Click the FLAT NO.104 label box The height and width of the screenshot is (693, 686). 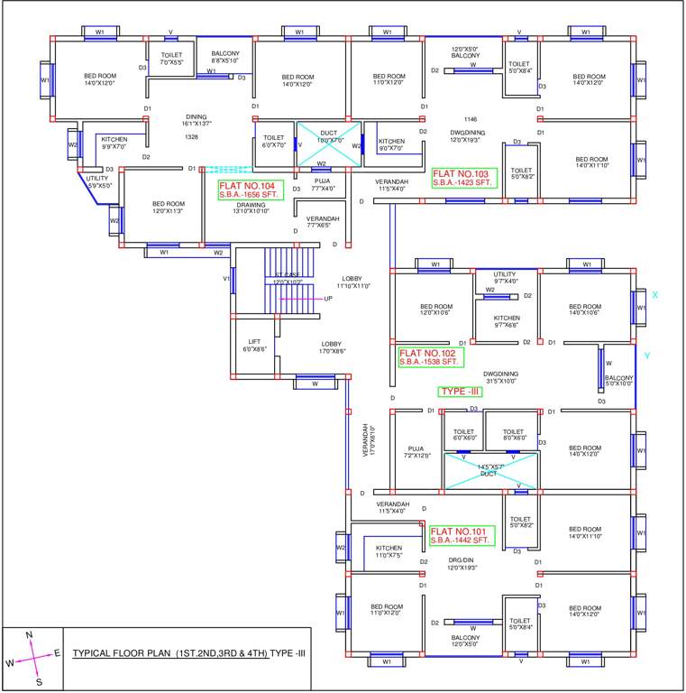(247, 189)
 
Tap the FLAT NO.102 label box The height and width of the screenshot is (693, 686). (430, 356)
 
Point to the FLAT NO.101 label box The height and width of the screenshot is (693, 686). (461, 536)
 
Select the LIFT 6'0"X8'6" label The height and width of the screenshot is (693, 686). (255, 345)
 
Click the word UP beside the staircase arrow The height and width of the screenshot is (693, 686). (328, 299)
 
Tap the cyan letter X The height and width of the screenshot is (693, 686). (655, 295)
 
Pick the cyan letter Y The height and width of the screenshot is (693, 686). (646, 356)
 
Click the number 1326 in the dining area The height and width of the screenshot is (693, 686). (191, 137)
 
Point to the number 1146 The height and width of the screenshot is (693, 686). (471, 120)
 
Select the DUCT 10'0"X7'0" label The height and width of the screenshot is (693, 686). (329, 137)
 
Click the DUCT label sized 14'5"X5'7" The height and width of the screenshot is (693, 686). (488, 470)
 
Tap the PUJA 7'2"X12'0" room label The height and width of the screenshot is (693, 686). (416, 451)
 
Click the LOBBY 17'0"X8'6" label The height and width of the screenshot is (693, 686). (332, 347)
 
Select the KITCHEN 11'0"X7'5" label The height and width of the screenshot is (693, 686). (389, 551)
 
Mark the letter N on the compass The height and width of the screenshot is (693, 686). (29, 635)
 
